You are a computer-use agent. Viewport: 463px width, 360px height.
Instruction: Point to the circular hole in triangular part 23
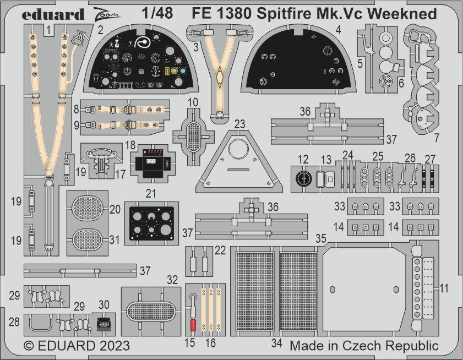coord(237,150)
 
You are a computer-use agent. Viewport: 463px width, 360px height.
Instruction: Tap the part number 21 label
coord(150,193)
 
